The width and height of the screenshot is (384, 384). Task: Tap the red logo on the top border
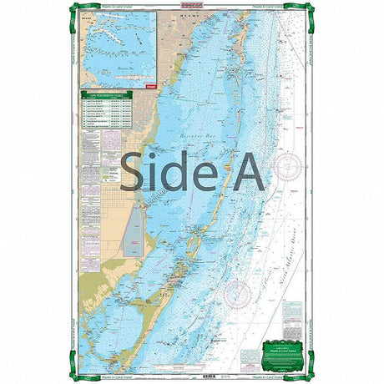tap(190, 6)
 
